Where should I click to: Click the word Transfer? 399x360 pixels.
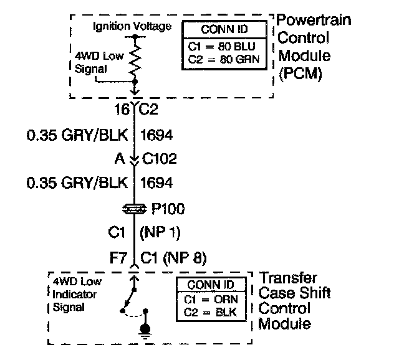[x=287, y=278]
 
